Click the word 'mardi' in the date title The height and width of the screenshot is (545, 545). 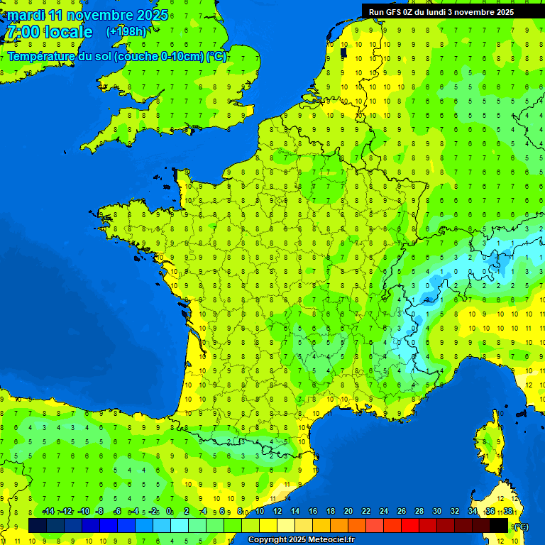pos(26,15)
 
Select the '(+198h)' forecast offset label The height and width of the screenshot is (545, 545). pos(126,32)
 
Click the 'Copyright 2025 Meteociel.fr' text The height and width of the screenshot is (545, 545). pos(300,540)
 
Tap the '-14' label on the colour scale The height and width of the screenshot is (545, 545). pos(48,512)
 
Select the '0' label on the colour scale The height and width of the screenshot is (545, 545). pos(169,512)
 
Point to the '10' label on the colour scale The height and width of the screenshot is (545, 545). pos(260,512)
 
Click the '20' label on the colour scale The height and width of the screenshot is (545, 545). pos(348,512)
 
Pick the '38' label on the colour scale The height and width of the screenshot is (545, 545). pos(508,512)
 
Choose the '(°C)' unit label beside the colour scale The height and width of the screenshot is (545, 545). pos(521,527)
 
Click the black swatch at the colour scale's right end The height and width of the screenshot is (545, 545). pos(499,526)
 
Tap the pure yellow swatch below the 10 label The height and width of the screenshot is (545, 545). pos(268,526)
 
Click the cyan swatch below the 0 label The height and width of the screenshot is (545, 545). pos(180,526)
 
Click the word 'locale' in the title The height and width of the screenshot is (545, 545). pos(69,32)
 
